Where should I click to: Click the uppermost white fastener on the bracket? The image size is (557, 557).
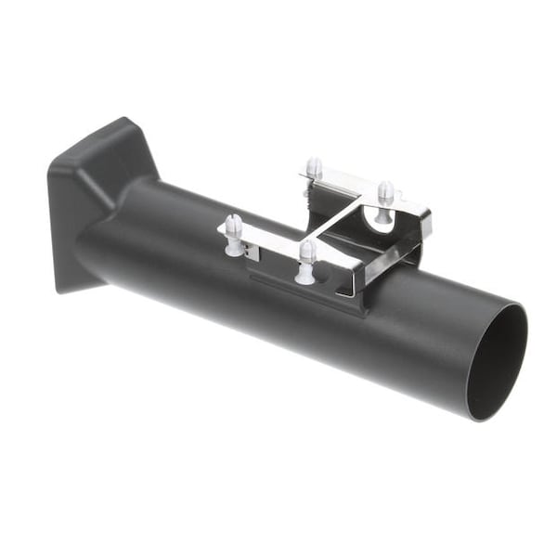[315, 168]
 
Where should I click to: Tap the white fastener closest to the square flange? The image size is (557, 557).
[233, 227]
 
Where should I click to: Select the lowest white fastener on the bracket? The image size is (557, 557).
[307, 259]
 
